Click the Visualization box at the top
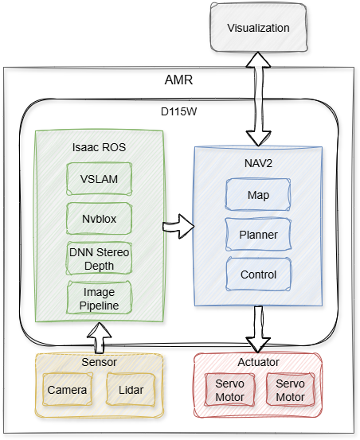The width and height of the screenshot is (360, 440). [x=258, y=29]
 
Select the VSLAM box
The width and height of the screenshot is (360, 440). [x=100, y=179]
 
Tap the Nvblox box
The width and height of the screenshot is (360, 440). [x=100, y=218]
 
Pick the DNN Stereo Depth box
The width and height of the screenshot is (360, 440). [x=100, y=259]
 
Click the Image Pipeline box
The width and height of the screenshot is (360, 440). [x=100, y=297]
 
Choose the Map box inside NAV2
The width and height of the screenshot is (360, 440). [x=258, y=195]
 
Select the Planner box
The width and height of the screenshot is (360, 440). [x=258, y=235]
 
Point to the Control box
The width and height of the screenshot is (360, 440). [x=258, y=275]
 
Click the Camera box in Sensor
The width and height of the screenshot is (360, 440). [x=67, y=391]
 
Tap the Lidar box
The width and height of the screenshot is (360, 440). [x=131, y=391]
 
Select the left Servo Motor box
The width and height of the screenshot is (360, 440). [x=226, y=390]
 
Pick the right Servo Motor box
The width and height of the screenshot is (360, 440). [x=290, y=390]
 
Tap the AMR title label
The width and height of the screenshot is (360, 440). [x=178, y=80]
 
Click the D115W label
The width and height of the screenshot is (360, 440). [x=178, y=111]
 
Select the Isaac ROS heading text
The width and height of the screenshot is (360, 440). [x=100, y=148]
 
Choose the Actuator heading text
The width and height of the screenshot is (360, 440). [x=258, y=362]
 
